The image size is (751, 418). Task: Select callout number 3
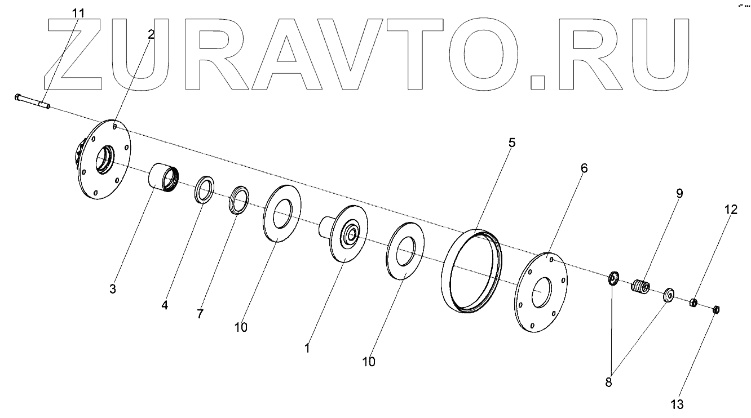pos(113,289)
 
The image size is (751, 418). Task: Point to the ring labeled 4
pos(204,189)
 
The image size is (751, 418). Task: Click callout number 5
pos(511,143)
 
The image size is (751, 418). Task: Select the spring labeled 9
pos(640,286)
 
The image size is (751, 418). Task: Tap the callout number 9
pos(679,193)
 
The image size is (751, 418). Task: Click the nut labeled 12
pos(695,303)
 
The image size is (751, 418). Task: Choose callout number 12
pos(731,210)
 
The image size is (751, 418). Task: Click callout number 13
pos(677,404)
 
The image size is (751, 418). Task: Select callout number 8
pos(608,382)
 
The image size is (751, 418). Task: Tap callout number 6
pos(584,168)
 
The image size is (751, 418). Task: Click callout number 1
pos(307,349)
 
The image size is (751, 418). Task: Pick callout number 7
pos(200,314)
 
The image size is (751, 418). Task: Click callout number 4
pos(165,305)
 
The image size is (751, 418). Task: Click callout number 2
pos(151,34)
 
